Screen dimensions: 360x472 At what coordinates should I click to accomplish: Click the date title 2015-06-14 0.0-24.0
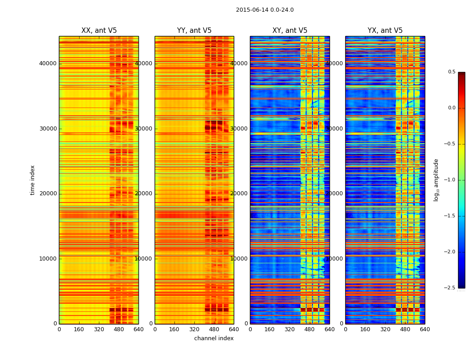point(265,10)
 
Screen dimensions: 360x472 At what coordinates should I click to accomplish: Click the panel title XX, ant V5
point(99,31)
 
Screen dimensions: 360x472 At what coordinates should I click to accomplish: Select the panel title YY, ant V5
point(194,31)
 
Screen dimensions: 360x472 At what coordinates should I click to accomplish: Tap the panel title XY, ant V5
point(290,31)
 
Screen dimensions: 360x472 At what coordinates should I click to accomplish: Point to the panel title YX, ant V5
point(385,31)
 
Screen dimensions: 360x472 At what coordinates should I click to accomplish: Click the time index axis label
point(32,180)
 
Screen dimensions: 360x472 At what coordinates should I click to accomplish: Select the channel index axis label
point(214,338)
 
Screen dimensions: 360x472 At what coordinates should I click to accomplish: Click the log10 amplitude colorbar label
point(436,180)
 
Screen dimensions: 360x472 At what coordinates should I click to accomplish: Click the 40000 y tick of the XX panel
point(48,63)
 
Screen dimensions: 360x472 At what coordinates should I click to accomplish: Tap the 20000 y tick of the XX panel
point(48,193)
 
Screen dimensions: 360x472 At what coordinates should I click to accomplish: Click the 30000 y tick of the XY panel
point(239,129)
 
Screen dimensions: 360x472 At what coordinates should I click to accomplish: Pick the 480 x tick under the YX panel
point(405,329)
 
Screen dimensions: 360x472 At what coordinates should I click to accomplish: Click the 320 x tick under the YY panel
point(194,329)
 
